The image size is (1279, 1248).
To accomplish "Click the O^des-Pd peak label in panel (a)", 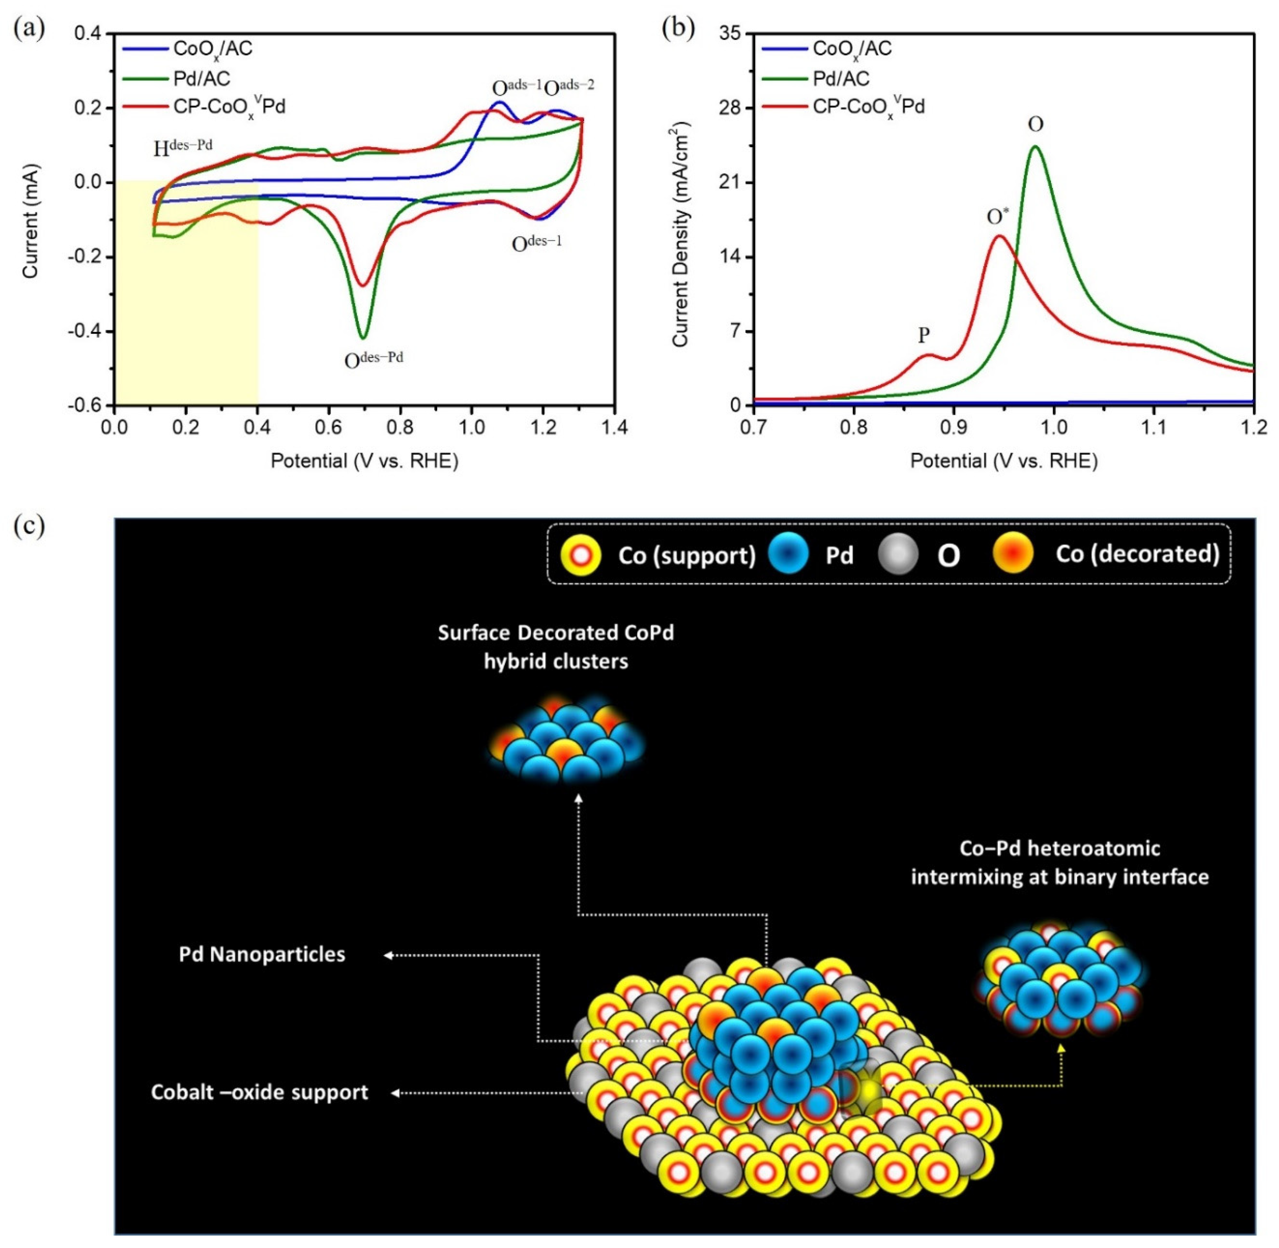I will pyautogui.click(x=373, y=359).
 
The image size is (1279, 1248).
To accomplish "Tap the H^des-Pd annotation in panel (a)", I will pyautogui.click(x=183, y=148).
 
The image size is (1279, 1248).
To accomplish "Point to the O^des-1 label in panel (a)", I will pyautogui.click(x=537, y=243).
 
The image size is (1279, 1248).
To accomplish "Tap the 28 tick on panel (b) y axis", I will pyautogui.click(x=731, y=107).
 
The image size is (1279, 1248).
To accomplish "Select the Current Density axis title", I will pyautogui.click(x=681, y=234).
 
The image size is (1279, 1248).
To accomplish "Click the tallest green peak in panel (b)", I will pyautogui.click(x=1036, y=147).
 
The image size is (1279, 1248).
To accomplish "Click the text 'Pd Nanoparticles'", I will pyautogui.click(x=262, y=954).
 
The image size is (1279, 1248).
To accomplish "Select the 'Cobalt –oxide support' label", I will pyautogui.click(x=260, y=1092).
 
